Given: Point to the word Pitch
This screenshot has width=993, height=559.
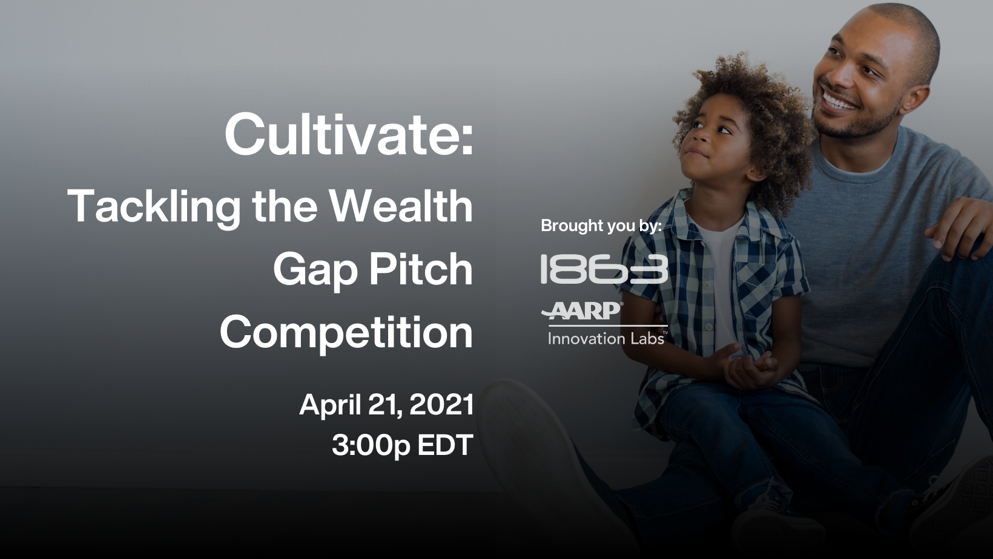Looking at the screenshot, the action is [x=421, y=269].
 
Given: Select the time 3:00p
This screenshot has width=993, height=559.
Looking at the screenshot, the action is [x=371, y=446].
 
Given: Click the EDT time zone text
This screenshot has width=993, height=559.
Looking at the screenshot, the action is [x=446, y=445].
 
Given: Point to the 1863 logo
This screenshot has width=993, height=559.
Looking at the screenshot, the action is [x=604, y=269].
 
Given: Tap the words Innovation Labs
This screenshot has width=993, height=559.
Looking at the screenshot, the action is [x=607, y=338].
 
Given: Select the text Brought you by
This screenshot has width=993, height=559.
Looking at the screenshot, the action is [x=601, y=226].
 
